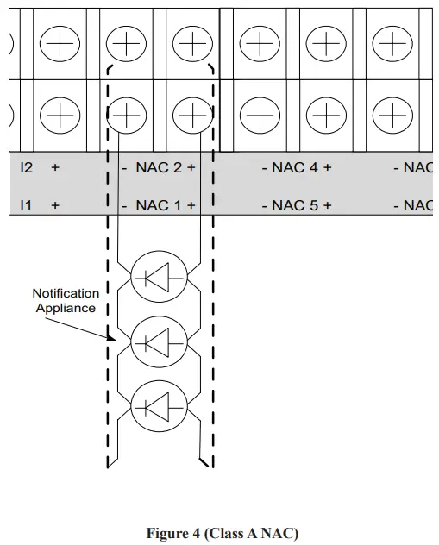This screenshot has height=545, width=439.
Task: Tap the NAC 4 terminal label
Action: (295, 167)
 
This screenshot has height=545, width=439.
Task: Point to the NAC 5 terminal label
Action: (295, 205)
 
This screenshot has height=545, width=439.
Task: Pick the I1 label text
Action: (26, 205)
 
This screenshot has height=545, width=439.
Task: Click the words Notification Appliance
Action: (66, 301)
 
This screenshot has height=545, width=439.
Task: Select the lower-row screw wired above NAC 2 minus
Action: (126, 114)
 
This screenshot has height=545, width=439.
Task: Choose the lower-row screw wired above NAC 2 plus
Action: (191, 114)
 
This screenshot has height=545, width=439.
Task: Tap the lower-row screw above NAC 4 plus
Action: (325, 114)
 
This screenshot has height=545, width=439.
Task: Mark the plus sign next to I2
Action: (55, 167)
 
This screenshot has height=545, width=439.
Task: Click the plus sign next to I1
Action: (55, 205)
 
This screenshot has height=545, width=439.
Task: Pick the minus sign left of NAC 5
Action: (264, 205)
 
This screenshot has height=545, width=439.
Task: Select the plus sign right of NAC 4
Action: (327, 167)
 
